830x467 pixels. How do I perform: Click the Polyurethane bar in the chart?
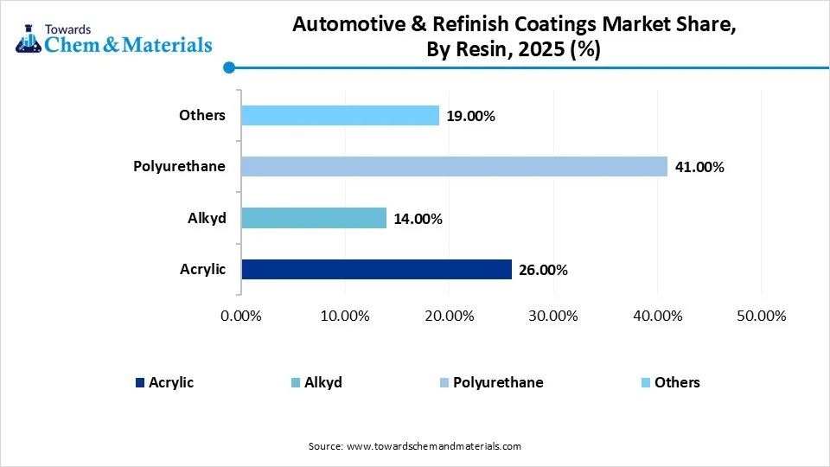point(454,166)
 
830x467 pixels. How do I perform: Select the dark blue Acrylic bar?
point(376,270)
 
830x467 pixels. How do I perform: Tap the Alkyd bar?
point(314,218)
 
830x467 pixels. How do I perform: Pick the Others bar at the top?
point(340,115)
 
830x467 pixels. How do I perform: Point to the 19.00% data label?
point(469,116)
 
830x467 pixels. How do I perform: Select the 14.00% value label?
point(417,219)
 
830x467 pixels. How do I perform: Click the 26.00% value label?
point(542,271)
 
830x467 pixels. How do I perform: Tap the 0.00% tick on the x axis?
point(241,317)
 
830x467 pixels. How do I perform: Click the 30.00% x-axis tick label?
point(552,317)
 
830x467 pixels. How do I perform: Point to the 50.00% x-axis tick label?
point(760,317)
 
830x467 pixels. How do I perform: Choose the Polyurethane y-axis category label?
point(179,166)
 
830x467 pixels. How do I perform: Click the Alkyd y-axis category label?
point(207,218)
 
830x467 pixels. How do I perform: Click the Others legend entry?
point(677,382)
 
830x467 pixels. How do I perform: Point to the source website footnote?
point(415,446)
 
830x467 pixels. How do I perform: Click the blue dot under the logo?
point(228,67)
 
